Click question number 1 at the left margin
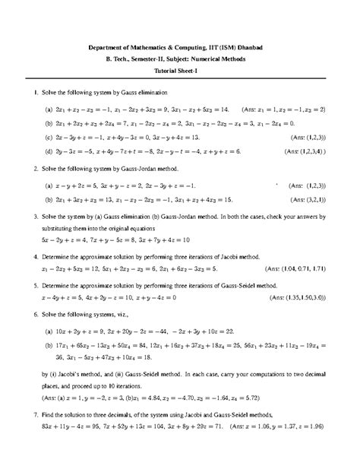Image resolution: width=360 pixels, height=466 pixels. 26,93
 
